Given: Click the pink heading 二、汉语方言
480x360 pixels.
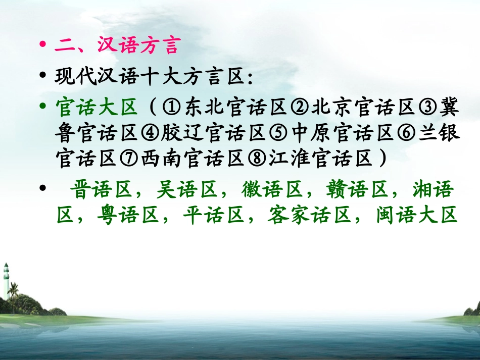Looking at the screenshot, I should click(x=116, y=46).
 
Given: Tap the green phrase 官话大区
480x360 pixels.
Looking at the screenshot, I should click(x=96, y=107).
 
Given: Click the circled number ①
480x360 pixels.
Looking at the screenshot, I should click(x=172, y=108).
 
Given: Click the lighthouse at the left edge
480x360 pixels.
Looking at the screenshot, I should click(x=6, y=280).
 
